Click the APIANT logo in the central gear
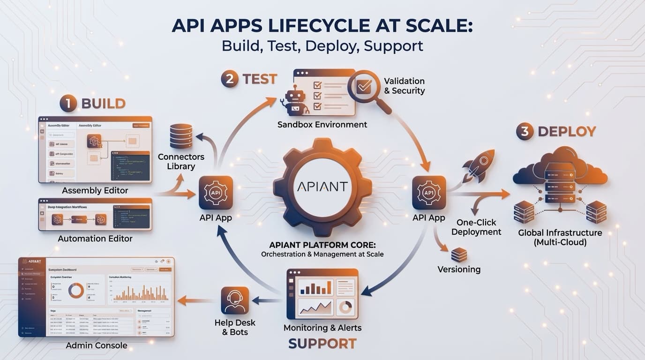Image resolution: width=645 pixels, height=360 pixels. tap(322, 187)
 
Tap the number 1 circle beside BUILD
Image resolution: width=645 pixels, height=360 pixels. tap(68, 104)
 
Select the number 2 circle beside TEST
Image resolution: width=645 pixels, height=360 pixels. tap(230, 79)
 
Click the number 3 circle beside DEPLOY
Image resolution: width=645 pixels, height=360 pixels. tap(525, 132)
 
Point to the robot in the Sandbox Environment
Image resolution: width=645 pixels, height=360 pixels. tap(295, 100)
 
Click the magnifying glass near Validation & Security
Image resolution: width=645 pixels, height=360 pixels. tap(367, 89)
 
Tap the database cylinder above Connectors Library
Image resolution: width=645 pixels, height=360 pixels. tap(181, 136)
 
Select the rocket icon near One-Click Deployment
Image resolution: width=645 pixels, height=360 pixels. tap(478, 165)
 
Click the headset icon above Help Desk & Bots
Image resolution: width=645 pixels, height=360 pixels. tap(234, 300)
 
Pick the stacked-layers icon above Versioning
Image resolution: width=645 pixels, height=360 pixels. tap(459, 255)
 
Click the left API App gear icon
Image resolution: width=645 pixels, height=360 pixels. tap(216, 193)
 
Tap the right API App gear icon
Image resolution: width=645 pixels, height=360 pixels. tap(429, 193)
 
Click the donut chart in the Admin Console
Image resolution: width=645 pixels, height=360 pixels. tap(76, 291)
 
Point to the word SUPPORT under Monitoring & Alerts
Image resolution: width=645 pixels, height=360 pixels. tap(322, 344)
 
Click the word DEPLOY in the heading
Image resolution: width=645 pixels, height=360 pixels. tap(567, 132)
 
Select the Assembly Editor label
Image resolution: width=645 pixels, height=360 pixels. tap(95, 191)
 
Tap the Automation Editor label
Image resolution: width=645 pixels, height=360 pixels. tap(95, 239)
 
